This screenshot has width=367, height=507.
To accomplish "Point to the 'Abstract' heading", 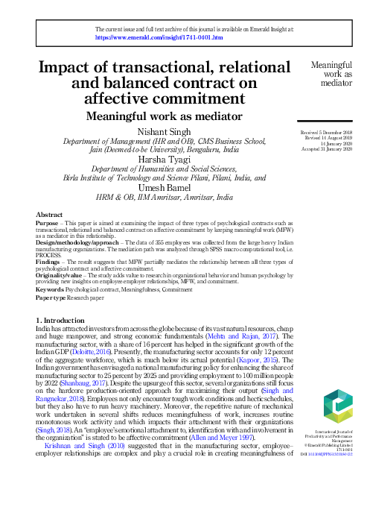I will [x=49, y=214].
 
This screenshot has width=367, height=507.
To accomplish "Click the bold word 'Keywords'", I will [x=51, y=287].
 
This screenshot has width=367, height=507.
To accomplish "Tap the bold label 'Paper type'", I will [x=52, y=295].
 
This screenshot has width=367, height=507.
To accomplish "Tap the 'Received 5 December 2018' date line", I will [x=321, y=130].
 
